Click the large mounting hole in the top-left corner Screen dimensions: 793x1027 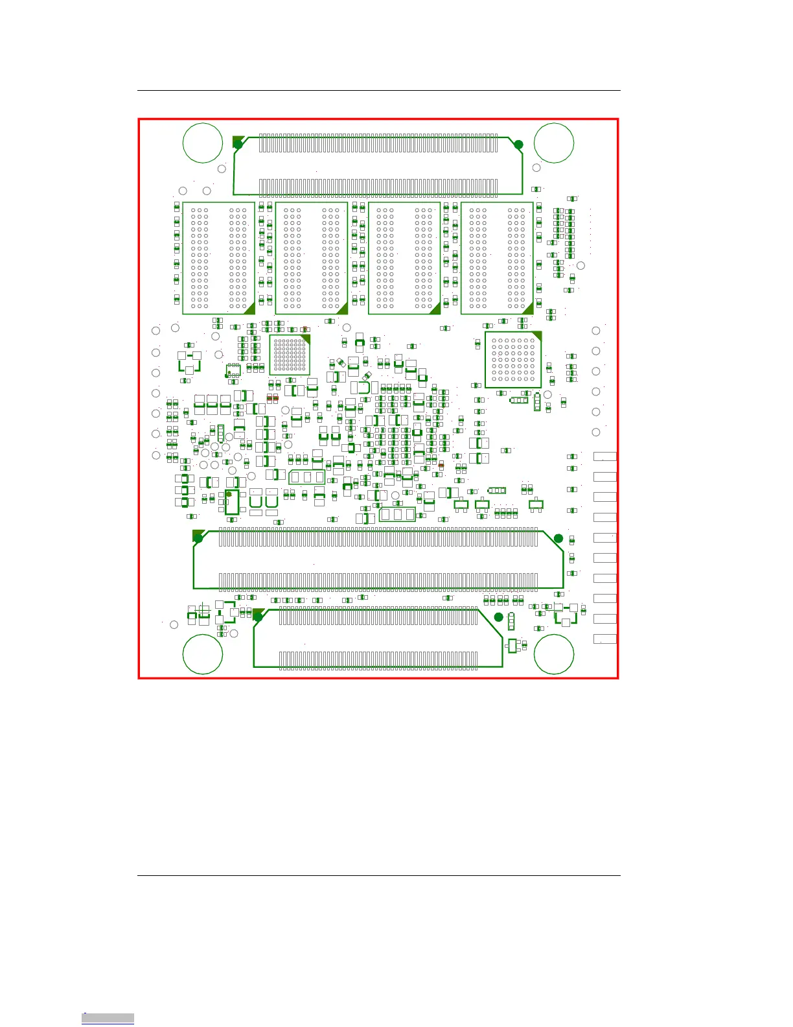coord(203,143)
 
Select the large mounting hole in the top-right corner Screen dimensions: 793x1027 coord(554,143)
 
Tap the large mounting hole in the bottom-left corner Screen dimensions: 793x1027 coord(203,654)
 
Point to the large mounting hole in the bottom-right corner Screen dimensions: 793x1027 coord(554,654)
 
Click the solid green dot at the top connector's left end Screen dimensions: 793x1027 coord(238,144)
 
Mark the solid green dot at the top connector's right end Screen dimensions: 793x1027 coord(518,145)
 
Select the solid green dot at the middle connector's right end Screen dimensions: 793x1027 coord(558,538)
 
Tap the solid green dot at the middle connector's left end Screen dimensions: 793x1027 coord(198,538)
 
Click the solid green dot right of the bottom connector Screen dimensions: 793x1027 coord(498,617)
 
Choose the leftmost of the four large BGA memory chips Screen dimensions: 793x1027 coord(218,258)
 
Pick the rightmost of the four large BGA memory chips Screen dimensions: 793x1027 coord(497,258)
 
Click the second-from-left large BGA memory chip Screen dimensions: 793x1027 coord(312,258)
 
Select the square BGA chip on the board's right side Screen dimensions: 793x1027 coord(513,360)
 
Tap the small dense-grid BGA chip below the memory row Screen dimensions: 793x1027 coord(290,355)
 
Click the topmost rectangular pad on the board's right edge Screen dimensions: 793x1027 coord(604,456)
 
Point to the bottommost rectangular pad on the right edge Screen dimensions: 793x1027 coord(604,639)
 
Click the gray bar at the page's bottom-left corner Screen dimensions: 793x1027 coord(108,1018)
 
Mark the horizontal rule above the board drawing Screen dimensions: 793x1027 coord(378,91)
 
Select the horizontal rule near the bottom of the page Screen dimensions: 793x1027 coord(378,875)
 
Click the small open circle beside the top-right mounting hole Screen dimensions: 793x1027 coord(536,168)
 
